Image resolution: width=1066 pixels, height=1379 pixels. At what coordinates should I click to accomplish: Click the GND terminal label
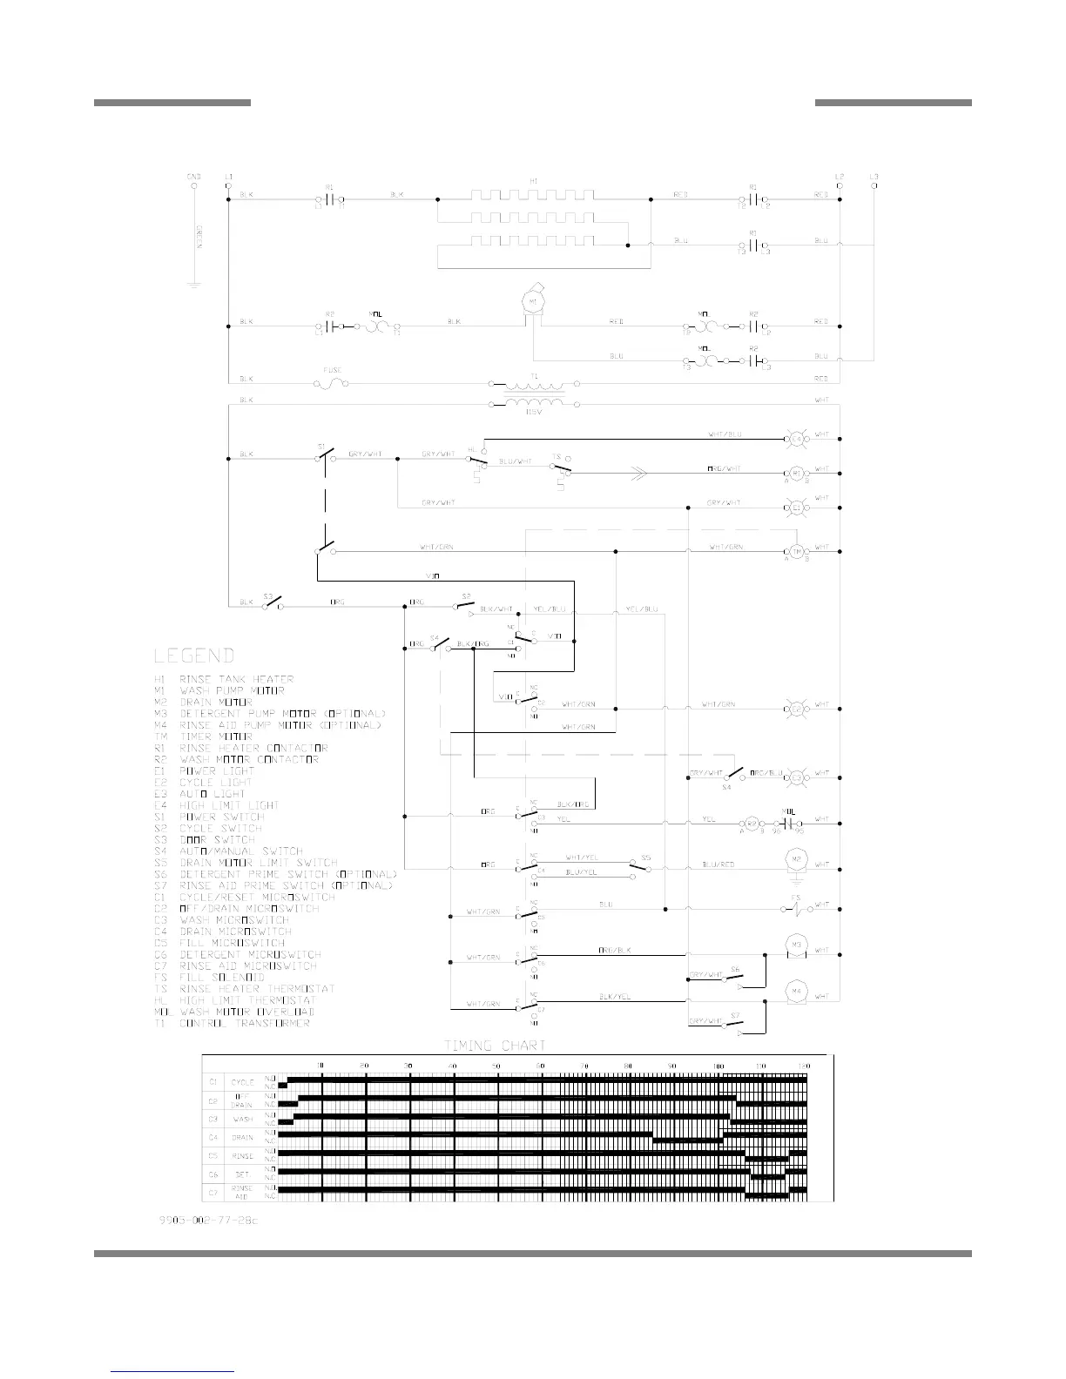coord(193,177)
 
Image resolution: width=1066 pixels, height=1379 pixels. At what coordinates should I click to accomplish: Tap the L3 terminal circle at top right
coord(874,185)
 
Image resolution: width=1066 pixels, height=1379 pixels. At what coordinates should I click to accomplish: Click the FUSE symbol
coord(332,381)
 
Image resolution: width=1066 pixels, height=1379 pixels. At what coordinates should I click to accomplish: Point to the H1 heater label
coord(533,181)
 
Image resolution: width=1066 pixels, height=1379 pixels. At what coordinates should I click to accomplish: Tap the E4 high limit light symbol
coord(795,440)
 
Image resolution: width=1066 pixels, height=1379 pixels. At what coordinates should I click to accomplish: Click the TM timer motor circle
coord(795,551)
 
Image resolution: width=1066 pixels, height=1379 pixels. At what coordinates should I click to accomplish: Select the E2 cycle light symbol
coord(795,709)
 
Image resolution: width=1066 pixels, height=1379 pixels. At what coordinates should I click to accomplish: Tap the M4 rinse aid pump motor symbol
coord(795,991)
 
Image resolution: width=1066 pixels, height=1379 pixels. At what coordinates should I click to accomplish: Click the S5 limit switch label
coord(645,857)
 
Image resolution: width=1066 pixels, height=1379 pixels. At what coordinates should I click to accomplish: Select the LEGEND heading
coord(194,656)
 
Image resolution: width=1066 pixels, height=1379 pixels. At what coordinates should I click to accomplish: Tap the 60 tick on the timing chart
coord(540,1066)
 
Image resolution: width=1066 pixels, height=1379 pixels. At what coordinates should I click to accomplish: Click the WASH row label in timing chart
coord(243,1120)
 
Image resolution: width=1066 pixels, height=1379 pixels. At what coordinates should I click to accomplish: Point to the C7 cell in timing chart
coord(213,1192)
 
